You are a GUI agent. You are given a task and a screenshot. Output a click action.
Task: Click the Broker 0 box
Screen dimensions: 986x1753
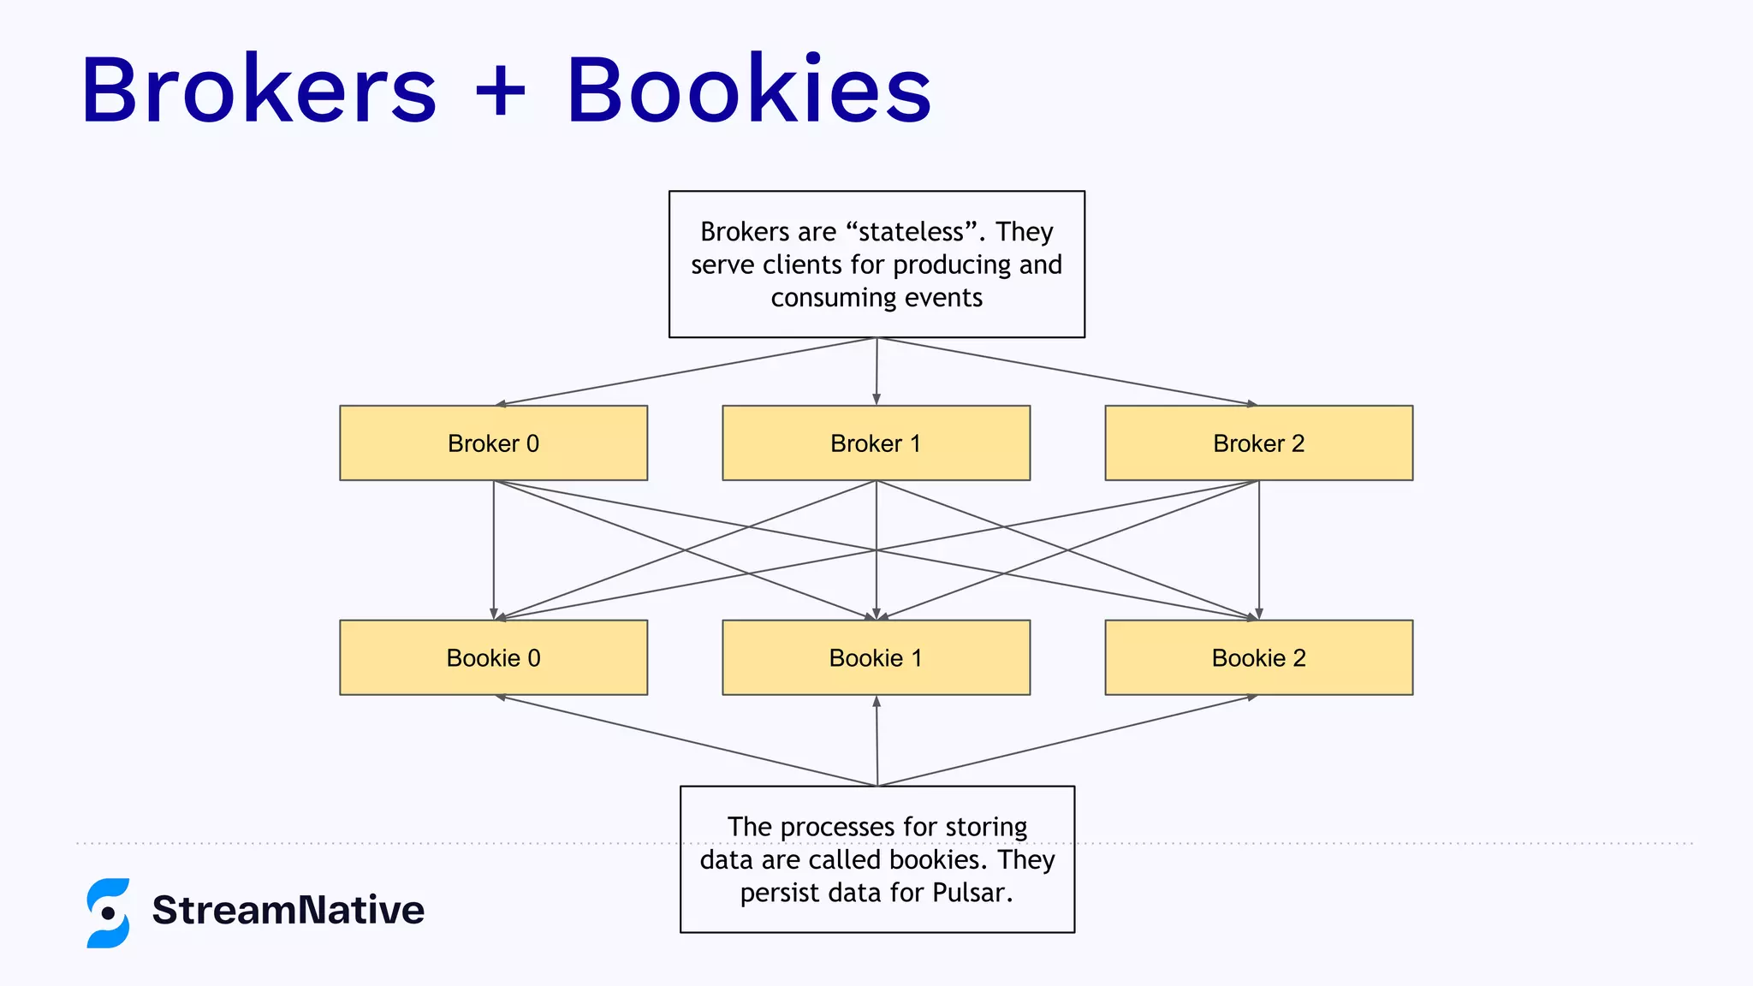point(493,443)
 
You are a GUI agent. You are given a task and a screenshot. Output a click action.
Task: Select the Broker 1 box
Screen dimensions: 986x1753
point(876,443)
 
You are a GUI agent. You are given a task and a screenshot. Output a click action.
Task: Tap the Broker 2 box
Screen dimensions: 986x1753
point(1258,443)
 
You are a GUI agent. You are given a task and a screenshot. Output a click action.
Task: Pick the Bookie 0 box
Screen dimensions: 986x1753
point(493,657)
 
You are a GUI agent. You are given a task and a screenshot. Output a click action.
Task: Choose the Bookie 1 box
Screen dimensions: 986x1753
point(876,657)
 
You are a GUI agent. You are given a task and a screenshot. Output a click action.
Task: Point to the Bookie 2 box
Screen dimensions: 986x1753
point(1258,657)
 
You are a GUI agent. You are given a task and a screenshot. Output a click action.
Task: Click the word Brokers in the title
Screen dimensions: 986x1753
point(259,90)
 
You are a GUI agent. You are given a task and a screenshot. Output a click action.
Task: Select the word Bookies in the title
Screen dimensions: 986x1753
point(749,90)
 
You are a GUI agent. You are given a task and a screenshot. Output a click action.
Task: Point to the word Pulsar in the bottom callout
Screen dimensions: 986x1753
point(972,893)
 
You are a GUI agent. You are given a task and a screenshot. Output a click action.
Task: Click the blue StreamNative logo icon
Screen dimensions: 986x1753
point(108,912)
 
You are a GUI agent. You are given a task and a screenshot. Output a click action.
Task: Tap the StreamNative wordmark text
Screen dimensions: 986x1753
point(288,910)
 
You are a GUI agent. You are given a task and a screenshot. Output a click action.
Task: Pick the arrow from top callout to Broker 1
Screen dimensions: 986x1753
point(876,371)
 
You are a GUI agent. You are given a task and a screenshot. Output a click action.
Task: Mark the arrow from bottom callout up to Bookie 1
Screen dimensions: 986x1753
point(876,740)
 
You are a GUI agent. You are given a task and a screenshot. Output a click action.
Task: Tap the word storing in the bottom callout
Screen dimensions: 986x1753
point(985,827)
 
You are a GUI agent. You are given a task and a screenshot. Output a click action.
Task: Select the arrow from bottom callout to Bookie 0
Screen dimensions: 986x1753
point(685,740)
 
